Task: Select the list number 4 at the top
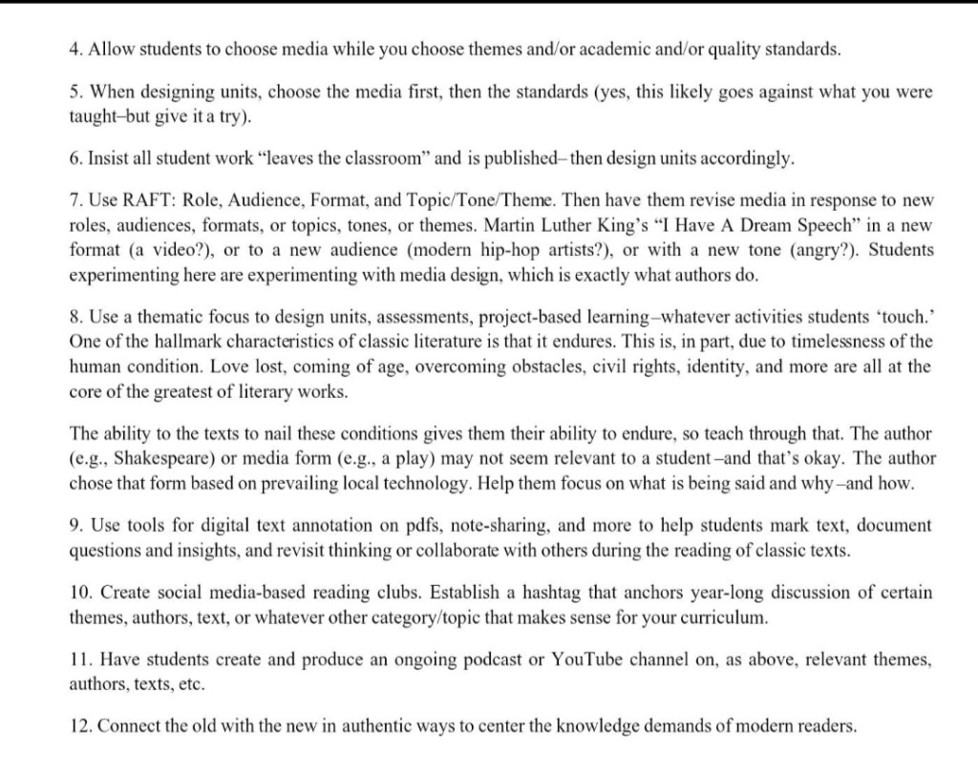click(75, 48)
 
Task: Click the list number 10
click(79, 593)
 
